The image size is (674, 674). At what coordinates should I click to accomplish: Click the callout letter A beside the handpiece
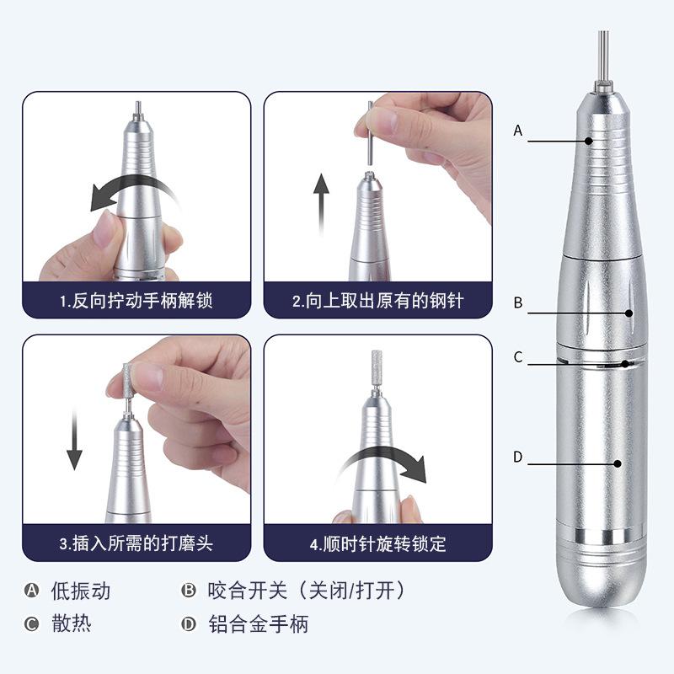(518, 131)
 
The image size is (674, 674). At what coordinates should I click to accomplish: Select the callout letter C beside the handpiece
(518, 357)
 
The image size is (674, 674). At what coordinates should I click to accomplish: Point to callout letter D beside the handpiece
(518, 457)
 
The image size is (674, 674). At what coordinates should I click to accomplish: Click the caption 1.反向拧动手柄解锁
(136, 301)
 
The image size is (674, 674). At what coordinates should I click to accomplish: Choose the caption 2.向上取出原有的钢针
(377, 301)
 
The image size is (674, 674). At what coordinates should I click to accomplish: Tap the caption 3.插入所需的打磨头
(136, 543)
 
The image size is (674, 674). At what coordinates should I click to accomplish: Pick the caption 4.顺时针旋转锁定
(377, 543)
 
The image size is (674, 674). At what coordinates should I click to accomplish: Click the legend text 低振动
(79, 591)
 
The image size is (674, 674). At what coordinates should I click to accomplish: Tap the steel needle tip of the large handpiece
(603, 55)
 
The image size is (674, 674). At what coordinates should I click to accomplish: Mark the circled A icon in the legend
(32, 591)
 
